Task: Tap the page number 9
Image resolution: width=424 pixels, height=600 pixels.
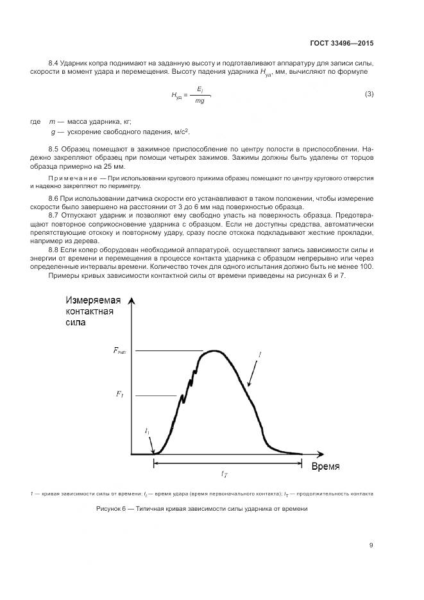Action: [371, 545]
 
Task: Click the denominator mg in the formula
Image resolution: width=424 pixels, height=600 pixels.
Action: [199, 101]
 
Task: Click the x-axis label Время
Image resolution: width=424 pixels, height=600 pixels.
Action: [325, 465]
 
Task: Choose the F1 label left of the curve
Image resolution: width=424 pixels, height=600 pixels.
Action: [119, 394]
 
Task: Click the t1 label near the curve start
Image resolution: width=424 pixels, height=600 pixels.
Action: [148, 431]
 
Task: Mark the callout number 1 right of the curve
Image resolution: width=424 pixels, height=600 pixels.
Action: [260, 353]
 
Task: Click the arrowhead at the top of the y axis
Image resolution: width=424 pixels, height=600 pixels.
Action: [131, 302]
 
